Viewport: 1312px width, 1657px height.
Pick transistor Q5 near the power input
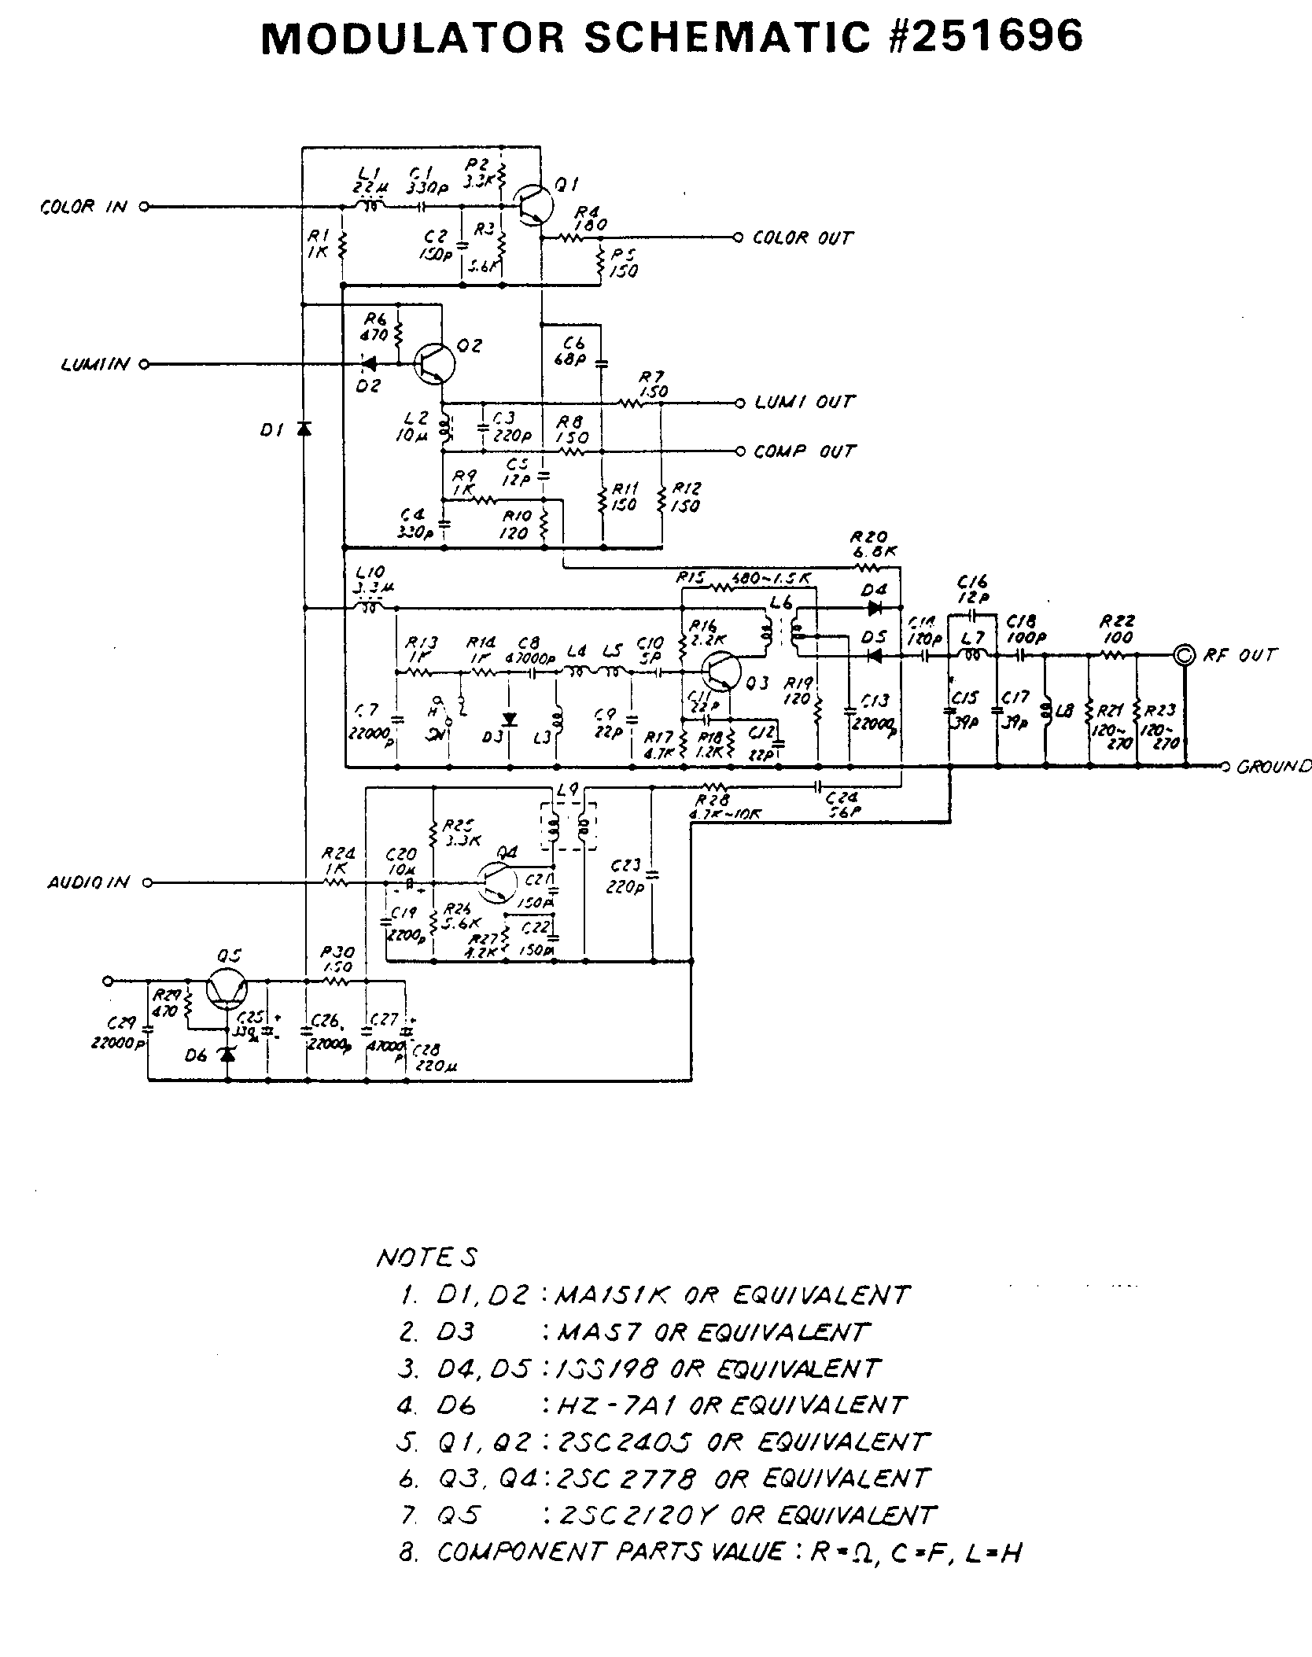pyautogui.click(x=227, y=990)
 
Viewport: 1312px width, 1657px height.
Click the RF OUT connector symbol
pyautogui.click(x=1185, y=655)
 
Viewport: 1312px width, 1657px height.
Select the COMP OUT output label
pyautogui.click(x=803, y=452)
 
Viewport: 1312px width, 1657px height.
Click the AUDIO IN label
pyautogui.click(x=87, y=882)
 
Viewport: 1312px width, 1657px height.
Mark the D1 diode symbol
pyautogui.click(x=304, y=429)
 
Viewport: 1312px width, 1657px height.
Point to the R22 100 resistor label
pyautogui.click(x=1115, y=630)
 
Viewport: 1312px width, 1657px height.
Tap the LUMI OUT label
pyautogui.click(x=804, y=403)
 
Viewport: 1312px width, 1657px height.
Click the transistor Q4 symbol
pyautogui.click(x=496, y=882)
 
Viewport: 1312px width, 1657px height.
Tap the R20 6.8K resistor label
pyautogui.click(x=874, y=543)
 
